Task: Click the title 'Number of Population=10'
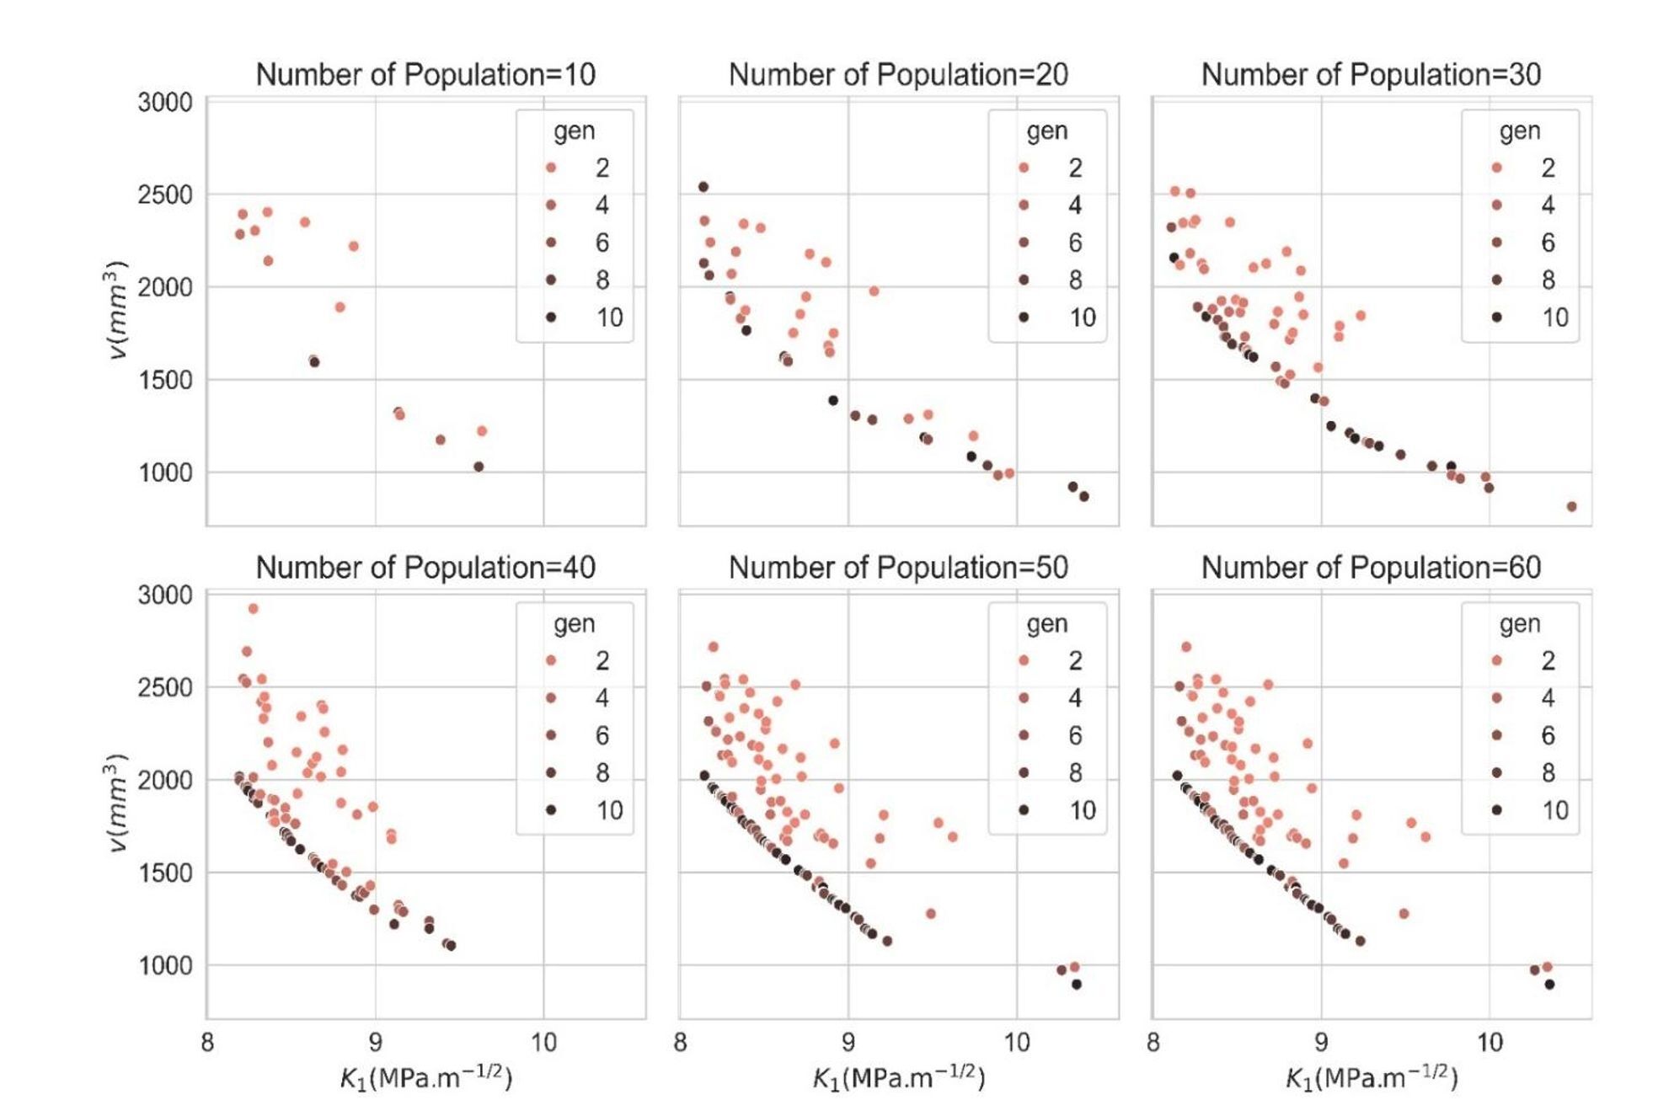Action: coord(425,75)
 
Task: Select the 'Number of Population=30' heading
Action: coord(1371,75)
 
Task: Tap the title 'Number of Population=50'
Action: coord(898,568)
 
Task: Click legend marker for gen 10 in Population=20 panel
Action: coord(1024,318)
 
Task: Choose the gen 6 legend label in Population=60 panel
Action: coord(1548,735)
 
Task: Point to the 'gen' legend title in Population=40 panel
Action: coord(575,624)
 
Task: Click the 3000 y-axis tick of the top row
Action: coord(165,103)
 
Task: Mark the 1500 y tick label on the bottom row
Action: coord(165,873)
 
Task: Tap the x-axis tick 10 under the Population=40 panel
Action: coord(543,1044)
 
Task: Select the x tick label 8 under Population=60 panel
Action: coord(1153,1044)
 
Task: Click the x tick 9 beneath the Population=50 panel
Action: coord(848,1044)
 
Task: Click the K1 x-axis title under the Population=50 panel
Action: coord(898,1078)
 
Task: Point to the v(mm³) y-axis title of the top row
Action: coord(116,310)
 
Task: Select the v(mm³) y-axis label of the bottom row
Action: coord(116,803)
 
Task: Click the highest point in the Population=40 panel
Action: coord(253,609)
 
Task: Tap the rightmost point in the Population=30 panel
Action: coord(1571,507)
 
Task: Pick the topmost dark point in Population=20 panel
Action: coord(703,187)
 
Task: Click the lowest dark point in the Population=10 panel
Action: coord(479,467)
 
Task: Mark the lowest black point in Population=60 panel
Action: coord(1549,985)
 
